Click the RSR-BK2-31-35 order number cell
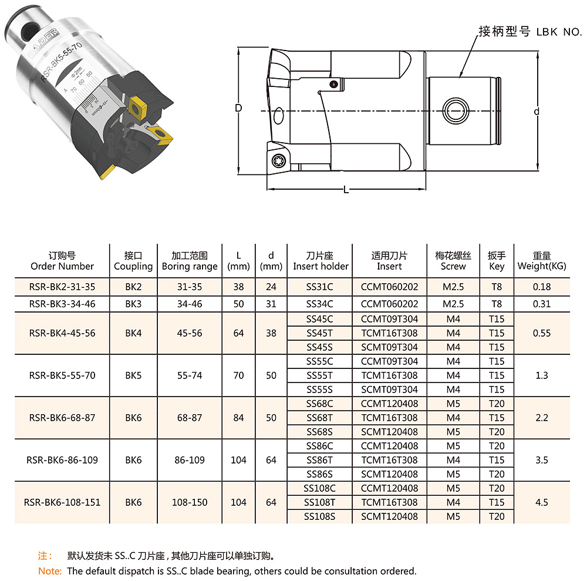tap(62, 287)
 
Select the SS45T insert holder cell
tap(319, 333)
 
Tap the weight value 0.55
tap(542, 333)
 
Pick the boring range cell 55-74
tap(190, 375)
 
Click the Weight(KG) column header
tap(542, 261)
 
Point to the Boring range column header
tap(190, 261)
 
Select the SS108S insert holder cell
tap(319, 516)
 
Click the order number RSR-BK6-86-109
tap(62, 460)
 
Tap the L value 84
tap(238, 418)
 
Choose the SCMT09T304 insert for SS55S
tap(389, 389)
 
